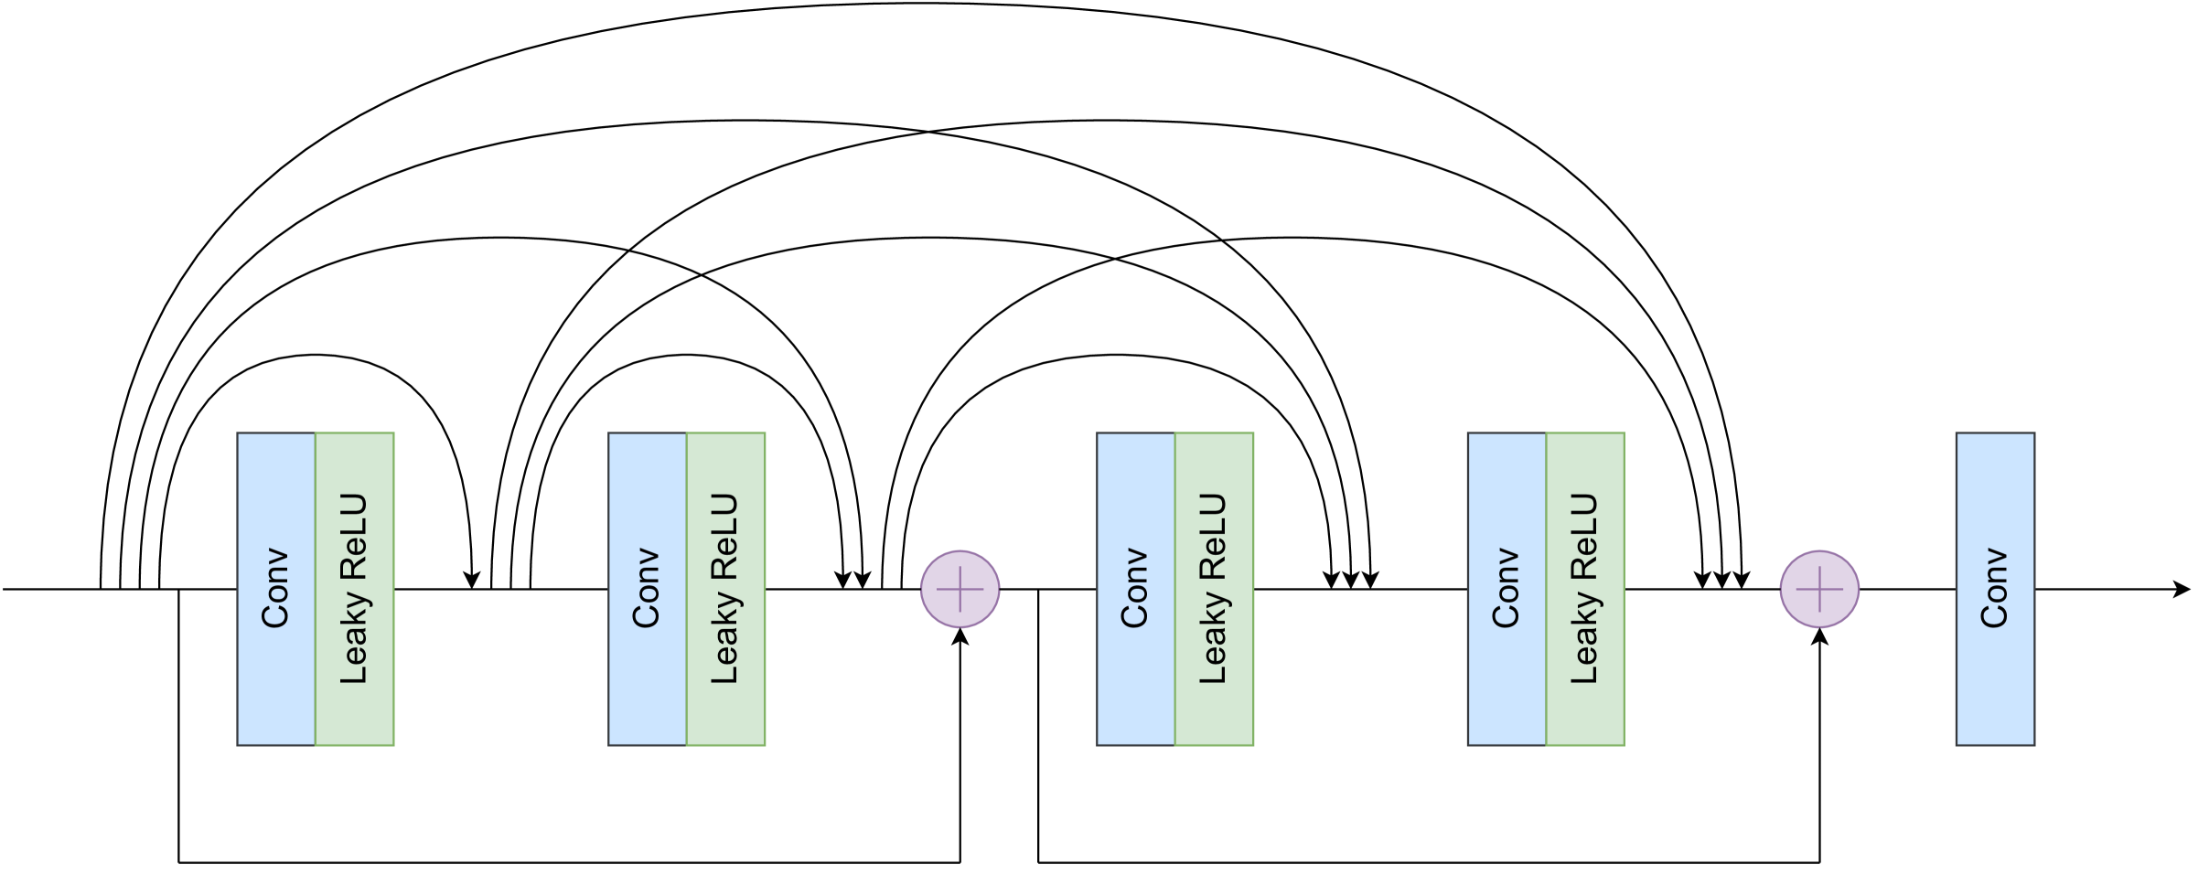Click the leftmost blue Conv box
tap(276, 589)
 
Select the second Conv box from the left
tap(647, 589)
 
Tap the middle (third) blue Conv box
tap(1135, 589)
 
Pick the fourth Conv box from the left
tap(1507, 589)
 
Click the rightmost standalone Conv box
tap(1995, 589)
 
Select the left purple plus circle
tap(960, 589)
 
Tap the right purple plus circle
tap(1819, 589)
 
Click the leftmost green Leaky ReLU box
tap(355, 589)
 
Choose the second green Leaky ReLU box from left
tap(725, 589)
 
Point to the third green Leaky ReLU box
tap(1214, 589)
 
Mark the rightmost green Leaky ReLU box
tap(1585, 589)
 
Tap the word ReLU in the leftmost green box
tap(353, 537)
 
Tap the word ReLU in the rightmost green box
tap(1583, 537)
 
